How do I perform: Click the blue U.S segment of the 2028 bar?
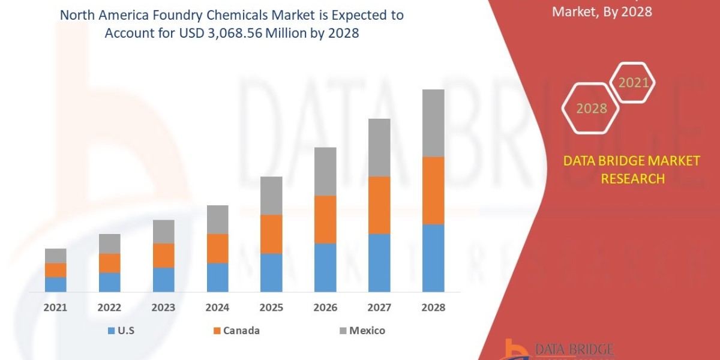click(x=433, y=258)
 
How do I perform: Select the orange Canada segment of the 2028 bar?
click(x=433, y=191)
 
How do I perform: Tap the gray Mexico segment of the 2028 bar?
click(x=433, y=123)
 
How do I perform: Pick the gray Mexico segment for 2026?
click(x=325, y=172)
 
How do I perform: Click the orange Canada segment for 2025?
click(x=271, y=234)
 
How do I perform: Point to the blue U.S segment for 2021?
click(x=55, y=284)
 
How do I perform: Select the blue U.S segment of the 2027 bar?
click(x=379, y=263)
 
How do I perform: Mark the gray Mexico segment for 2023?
click(x=163, y=232)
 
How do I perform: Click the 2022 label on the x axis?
click(x=109, y=308)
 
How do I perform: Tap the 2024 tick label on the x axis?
click(x=217, y=308)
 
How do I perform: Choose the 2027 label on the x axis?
click(x=379, y=308)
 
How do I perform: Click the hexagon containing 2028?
click(x=591, y=109)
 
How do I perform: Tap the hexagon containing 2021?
click(x=634, y=83)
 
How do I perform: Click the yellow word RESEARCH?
click(x=633, y=179)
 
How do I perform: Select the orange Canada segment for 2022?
click(x=109, y=263)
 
